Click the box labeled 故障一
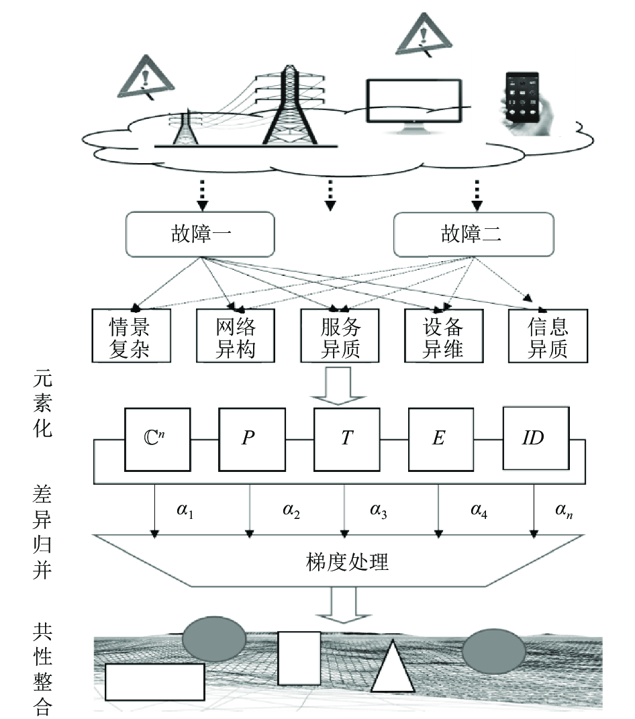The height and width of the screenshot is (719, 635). (x=200, y=234)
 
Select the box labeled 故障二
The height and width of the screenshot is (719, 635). (x=474, y=234)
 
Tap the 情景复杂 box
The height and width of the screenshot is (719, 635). (x=131, y=336)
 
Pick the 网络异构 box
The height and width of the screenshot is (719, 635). (x=236, y=336)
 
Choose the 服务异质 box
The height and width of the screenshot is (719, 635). (x=340, y=336)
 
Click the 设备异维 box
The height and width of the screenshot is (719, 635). (x=444, y=336)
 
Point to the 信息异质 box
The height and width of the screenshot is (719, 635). (x=548, y=336)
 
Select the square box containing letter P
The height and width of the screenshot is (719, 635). (x=252, y=439)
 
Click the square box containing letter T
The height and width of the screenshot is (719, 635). (x=346, y=439)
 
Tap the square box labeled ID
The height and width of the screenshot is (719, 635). (x=536, y=438)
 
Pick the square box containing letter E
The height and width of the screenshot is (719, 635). (x=440, y=439)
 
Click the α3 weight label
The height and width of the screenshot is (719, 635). (x=379, y=510)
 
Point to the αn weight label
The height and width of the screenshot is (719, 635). (x=564, y=510)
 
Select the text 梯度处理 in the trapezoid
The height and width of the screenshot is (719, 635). (x=347, y=562)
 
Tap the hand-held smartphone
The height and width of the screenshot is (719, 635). (x=527, y=103)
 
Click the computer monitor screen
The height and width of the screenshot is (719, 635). (x=413, y=101)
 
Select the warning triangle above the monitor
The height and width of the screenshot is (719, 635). (x=424, y=36)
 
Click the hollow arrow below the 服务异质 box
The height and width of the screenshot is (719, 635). (x=338, y=386)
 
